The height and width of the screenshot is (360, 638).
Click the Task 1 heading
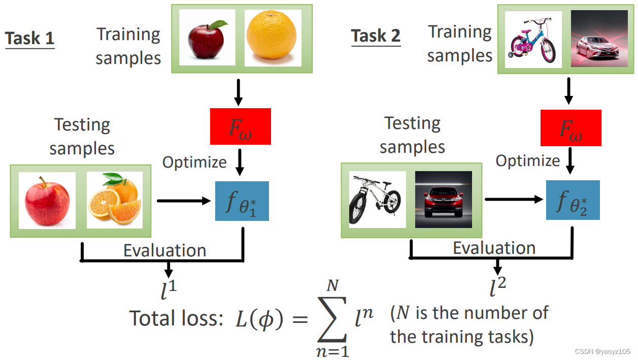point(29,38)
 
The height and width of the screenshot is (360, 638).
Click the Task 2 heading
point(376,36)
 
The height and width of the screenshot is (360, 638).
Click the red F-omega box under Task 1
point(241,126)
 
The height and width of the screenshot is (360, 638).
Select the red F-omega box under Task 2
point(571,128)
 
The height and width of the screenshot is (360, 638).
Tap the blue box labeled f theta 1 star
point(242,201)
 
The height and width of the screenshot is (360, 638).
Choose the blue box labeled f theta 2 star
point(573,200)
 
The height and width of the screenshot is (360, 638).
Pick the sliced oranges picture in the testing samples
point(115,200)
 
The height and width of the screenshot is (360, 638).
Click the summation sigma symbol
point(332,319)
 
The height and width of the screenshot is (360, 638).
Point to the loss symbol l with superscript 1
point(169,289)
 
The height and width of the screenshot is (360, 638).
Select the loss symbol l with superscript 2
point(497,287)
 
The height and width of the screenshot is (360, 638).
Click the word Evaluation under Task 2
point(494,248)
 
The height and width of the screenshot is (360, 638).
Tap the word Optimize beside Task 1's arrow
point(194,162)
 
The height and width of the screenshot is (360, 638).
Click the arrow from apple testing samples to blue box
point(184,201)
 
